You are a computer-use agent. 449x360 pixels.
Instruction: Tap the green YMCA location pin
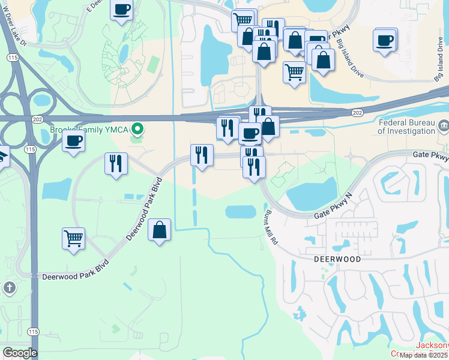tap(137, 128)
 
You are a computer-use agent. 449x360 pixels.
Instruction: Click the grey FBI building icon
tap(444, 125)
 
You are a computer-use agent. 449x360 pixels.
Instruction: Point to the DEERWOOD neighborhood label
tap(338, 259)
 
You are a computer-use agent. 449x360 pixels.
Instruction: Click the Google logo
tap(20, 353)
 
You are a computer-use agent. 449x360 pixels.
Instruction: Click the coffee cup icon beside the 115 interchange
tap(73, 142)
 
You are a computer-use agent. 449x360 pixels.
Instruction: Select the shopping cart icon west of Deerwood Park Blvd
tap(73, 238)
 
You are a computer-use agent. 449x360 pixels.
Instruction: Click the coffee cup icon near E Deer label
tap(121, 10)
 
